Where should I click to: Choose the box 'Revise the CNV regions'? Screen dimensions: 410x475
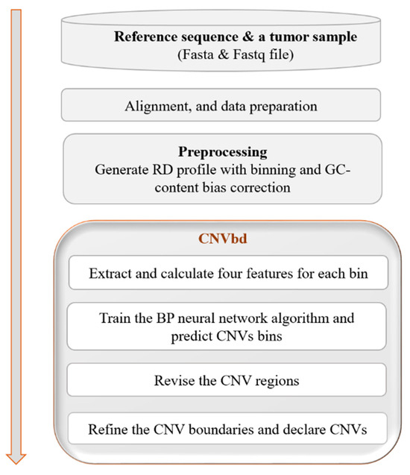coord(227,380)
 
